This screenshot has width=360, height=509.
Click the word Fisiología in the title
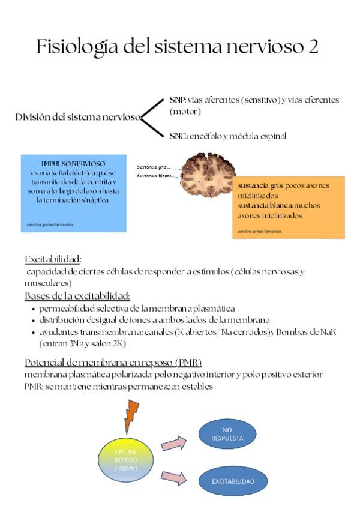76,46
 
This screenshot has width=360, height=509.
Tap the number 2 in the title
313,46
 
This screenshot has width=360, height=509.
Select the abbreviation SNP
178,100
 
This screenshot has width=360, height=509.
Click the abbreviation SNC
178,136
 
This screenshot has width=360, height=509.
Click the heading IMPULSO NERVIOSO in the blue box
73,163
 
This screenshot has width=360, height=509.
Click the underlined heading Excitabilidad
53,259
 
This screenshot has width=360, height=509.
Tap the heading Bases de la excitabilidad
77,296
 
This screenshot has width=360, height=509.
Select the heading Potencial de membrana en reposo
113,363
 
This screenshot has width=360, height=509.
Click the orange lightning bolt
131,415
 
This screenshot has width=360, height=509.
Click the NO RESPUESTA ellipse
227,435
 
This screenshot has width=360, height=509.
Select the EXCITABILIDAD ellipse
233,481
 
